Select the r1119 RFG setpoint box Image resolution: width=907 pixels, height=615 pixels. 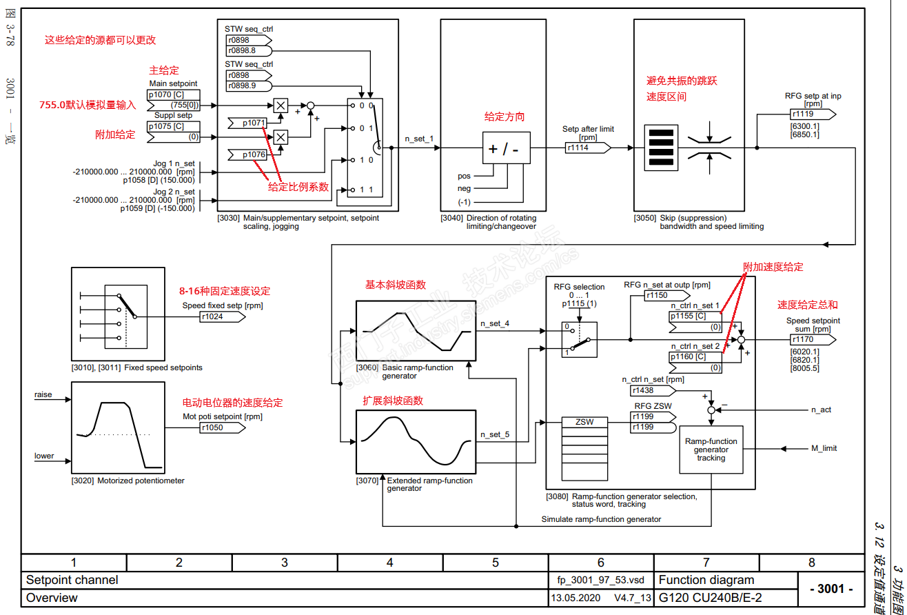(x=811, y=114)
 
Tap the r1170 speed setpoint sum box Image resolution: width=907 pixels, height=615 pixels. (x=811, y=339)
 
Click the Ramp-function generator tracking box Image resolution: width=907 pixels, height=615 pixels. (x=711, y=450)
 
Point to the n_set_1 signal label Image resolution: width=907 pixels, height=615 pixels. (x=419, y=139)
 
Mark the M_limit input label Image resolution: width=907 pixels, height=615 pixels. (x=824, y=448)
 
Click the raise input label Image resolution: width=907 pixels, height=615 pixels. (x=43, y=394)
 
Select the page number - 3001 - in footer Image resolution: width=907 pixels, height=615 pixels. (x=830, y=589)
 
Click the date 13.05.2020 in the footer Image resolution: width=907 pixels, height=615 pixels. (x=575, y=598)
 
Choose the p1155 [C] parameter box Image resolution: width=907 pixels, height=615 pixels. (x=695, y=316)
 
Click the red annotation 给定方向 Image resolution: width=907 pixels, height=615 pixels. (x=505, y=117)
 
